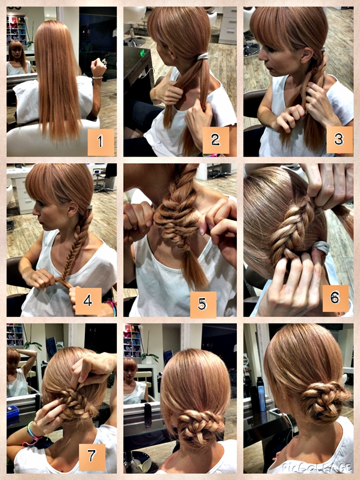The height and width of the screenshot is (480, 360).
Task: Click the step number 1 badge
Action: (101, 142)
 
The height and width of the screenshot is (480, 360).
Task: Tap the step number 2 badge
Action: (215, 140)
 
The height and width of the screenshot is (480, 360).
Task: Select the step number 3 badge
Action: (340, 140)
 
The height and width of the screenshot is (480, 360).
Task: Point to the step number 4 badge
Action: (88, 301)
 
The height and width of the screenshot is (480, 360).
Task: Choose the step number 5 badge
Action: (203, 304)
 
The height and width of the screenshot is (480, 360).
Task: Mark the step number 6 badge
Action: (335, 298)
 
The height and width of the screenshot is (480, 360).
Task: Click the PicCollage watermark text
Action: (317, 468)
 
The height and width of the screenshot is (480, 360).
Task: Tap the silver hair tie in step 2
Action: (202, 56)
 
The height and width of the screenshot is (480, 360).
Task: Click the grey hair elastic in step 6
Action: (321, 248)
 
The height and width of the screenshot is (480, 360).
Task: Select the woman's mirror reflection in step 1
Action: (19, 58)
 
